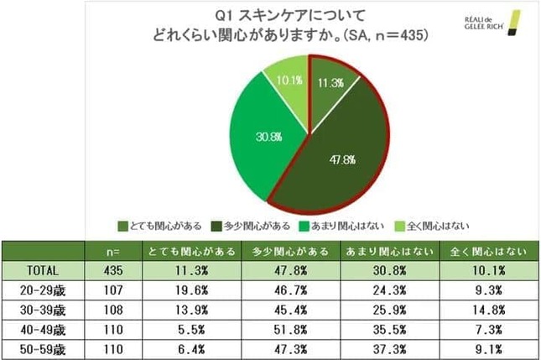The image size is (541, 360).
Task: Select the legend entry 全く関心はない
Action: pyautogui.click(x=435, y=225)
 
